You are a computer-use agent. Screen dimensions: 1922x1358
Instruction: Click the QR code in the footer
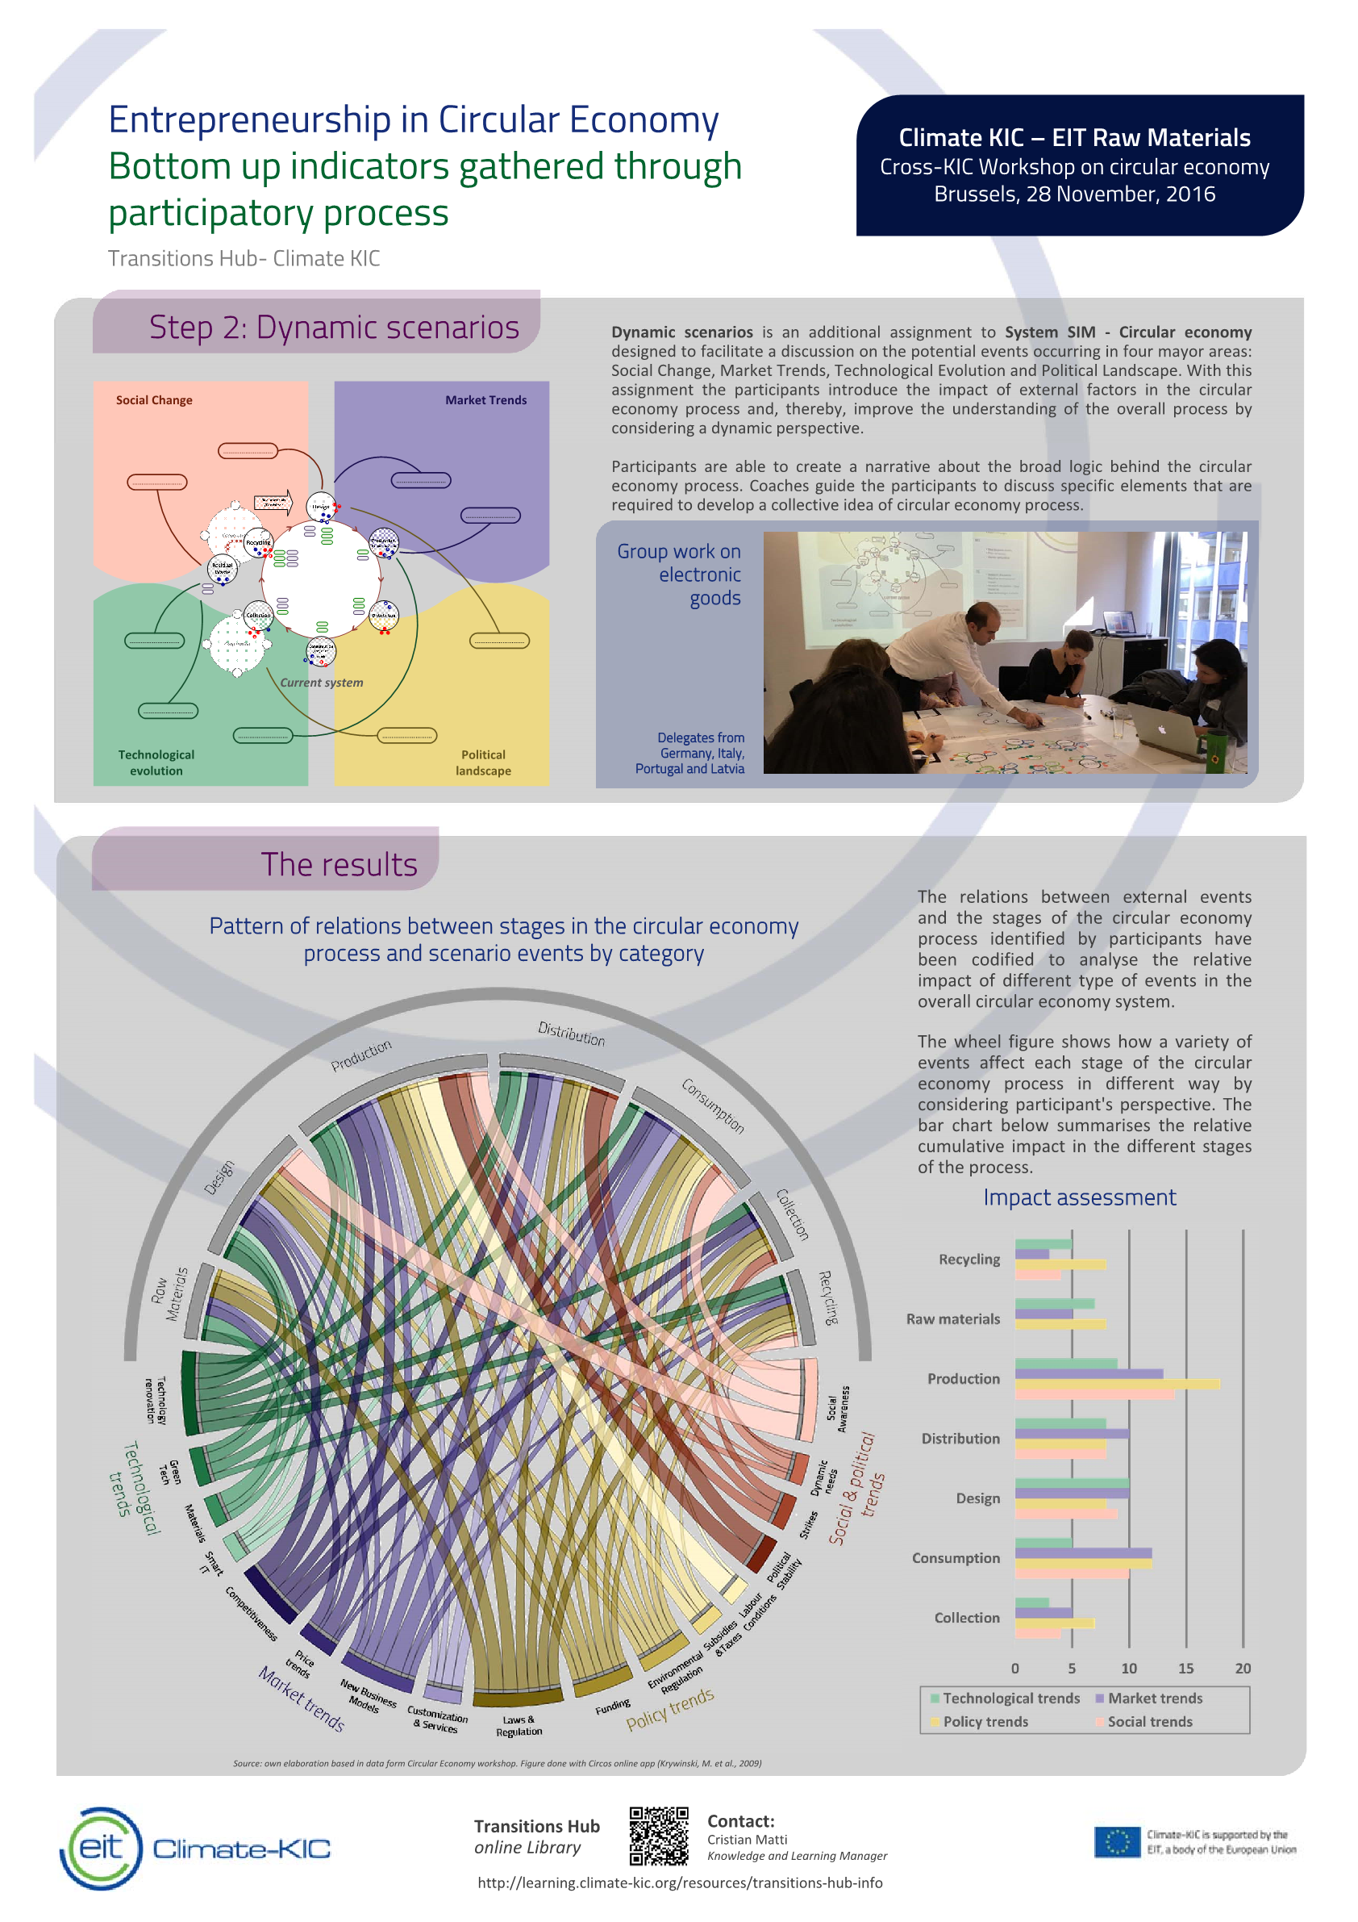pos(659,1836)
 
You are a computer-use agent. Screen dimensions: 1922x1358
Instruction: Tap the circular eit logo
pos(102,1848)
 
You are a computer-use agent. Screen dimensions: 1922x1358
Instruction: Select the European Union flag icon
pos(1116,1841)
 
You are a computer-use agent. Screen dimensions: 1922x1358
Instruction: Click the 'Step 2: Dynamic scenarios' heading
pos(334,328)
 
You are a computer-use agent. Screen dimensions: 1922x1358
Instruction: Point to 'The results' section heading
pos(338,865)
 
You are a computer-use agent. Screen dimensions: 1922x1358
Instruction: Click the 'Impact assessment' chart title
pos(1078,1197)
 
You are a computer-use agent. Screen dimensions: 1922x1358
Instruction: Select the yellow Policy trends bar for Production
pos(1116,1385)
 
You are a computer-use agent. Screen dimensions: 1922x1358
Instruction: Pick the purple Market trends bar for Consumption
pos(1083,1552)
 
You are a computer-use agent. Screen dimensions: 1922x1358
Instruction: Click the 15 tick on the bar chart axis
pos(1185,1669)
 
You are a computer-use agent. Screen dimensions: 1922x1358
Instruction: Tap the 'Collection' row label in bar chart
pos(966,1618)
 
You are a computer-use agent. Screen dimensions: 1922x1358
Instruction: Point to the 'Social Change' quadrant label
pos(154,400)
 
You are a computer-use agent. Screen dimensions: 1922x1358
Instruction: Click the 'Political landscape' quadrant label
pos(483,763)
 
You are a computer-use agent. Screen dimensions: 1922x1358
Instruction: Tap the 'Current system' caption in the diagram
pos(321,683)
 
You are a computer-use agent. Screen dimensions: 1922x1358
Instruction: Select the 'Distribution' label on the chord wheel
pos(571,1033)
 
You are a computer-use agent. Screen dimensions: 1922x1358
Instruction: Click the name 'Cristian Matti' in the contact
pos(747,1839)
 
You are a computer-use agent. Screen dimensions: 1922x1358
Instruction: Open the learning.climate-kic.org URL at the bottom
pos(680,1882)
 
